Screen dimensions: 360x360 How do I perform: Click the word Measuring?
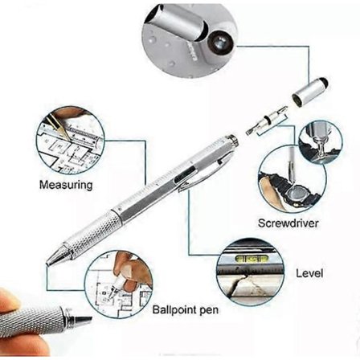[x=66, y=185]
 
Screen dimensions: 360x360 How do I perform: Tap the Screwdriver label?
[x=288, y=223]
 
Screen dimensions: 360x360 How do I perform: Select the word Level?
[x=309, y=273]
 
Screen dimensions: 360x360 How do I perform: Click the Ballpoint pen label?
[x=186, y=310]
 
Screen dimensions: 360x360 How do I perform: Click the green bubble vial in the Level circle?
[x=251, y=259]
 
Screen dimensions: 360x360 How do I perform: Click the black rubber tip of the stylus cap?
[x=325, y=81]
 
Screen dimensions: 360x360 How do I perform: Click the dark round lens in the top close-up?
[x=219, y=41]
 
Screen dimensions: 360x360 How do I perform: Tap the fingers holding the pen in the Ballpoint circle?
[x=131, y=272]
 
